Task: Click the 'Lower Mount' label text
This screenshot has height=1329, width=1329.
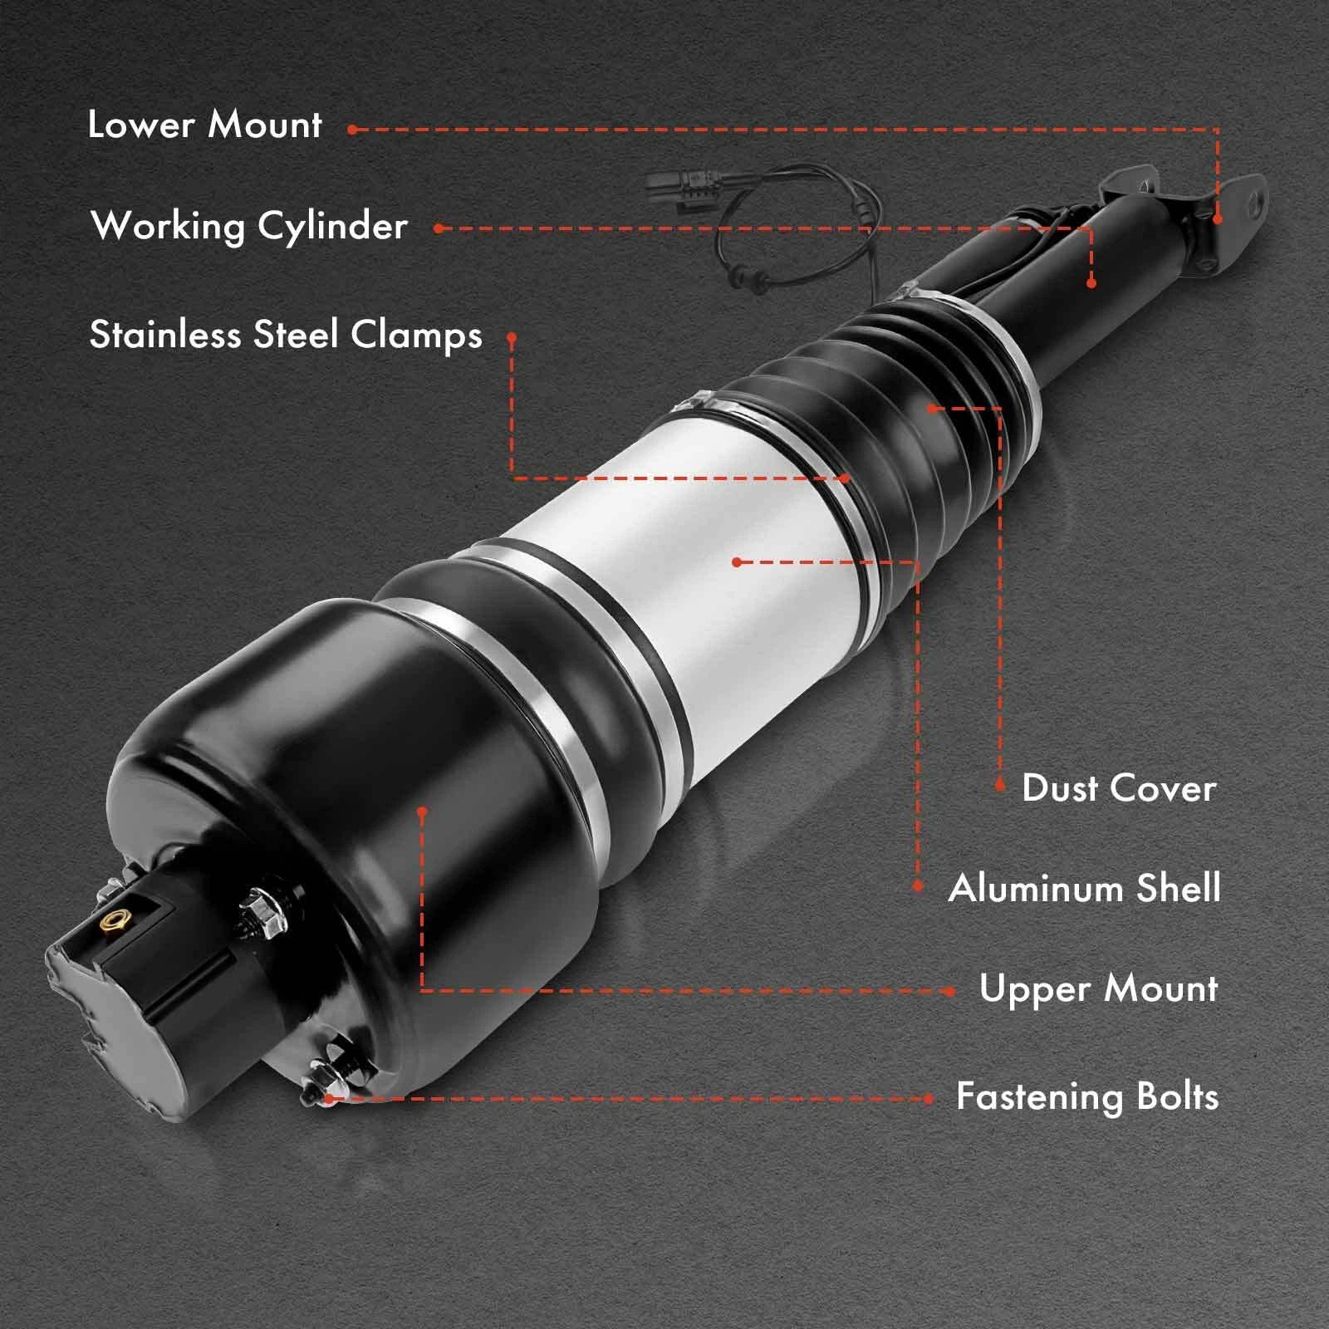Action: coord(204,125)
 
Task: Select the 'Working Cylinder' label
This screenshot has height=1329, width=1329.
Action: coord(249,226)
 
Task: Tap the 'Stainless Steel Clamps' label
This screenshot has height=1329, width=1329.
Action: coord(286,336)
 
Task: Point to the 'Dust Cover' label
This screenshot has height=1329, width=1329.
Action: coord(1119,788)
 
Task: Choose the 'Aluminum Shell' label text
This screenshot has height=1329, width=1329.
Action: coord(1085,889)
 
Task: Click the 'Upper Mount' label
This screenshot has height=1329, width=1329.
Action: coord(1098,988)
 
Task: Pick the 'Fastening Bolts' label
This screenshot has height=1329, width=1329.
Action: coord(1087,1097)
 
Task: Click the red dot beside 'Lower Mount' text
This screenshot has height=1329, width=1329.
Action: coord(352,130)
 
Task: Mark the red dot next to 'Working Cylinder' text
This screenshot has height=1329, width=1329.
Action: coord(438,228)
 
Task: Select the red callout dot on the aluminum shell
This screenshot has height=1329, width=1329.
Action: coord(737,562)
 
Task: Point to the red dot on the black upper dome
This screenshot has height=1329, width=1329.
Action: coord(423,811)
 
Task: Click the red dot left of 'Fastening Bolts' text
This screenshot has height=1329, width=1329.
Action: coord(929,1099)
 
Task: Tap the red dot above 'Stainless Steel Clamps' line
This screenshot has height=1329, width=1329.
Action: coord(512,337)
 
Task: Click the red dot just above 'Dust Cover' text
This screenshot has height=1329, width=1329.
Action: coord(1000,783)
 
